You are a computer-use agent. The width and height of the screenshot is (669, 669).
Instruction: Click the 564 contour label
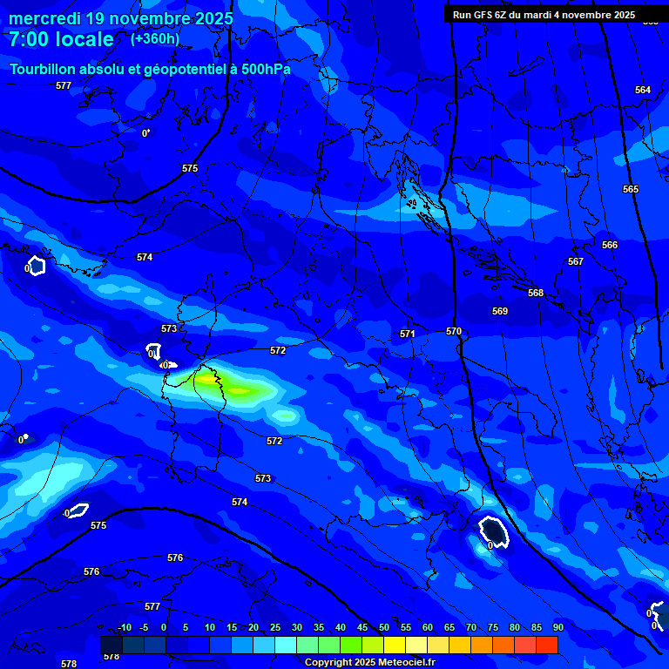pyautogui.click(x=643, y=91)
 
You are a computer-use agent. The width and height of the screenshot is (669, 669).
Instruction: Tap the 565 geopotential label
pyautogui.click(x=631, y=189)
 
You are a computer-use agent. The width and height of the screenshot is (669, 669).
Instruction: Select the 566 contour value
pyautogui.click(x=610, y=245)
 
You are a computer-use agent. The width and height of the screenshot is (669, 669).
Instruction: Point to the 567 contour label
pyautogui.click(x=575, y=261)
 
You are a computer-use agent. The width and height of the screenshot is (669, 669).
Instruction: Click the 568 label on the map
pyautogui.click(x=535, y=293)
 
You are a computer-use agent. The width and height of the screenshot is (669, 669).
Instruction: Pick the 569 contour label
pyautogui.click(x=499, y=311)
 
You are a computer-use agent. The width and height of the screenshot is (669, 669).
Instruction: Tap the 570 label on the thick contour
pyautogui.click(x=453, y=331)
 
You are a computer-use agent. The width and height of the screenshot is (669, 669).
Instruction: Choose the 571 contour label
pyautogui.click(x=407, y=334)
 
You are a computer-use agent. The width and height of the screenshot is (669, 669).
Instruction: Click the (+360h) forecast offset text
pyautogui.click(x=155, y=38)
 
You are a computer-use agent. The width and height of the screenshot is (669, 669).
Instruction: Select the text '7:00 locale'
pyautogui.click(x=61, y=39)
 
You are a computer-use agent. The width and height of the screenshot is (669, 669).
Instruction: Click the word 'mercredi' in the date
pyautogui.click(x=44, y=18)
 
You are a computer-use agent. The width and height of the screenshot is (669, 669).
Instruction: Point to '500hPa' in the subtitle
pyautogui.click(x=266, y=69)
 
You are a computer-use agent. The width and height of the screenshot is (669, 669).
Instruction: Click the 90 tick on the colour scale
pyautogui.click(x=557, y=627)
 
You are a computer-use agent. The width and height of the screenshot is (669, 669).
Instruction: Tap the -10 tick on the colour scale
pyautogui.click(x=124, y=627)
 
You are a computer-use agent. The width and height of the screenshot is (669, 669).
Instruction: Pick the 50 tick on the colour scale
pyautogui.click(x=384, y=627)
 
